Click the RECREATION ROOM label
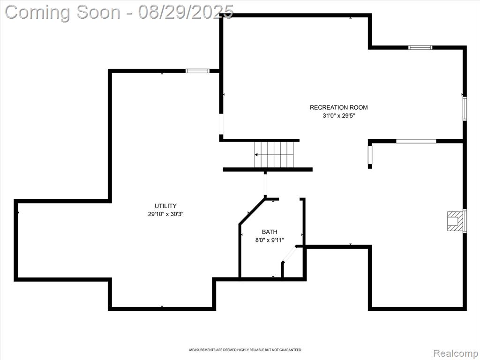pos(338,107)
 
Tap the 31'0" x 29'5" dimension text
pos(338,116)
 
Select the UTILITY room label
pos(165,206)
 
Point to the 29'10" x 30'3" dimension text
pos(165,214)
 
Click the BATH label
pos(270,232)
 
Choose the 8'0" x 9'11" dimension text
pos(270,240)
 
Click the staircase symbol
pos(274,155)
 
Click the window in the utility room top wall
pos(197,71)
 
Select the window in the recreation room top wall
pos(420,47)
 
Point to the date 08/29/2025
pos(186,12)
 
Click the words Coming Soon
pos(63,12)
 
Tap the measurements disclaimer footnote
pos(245,350)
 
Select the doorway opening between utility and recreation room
pos(221,124)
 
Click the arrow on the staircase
pos(273,155)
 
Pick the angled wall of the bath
pos(252,211)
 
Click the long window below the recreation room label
pos(416,141)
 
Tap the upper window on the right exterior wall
pos(465,108)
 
